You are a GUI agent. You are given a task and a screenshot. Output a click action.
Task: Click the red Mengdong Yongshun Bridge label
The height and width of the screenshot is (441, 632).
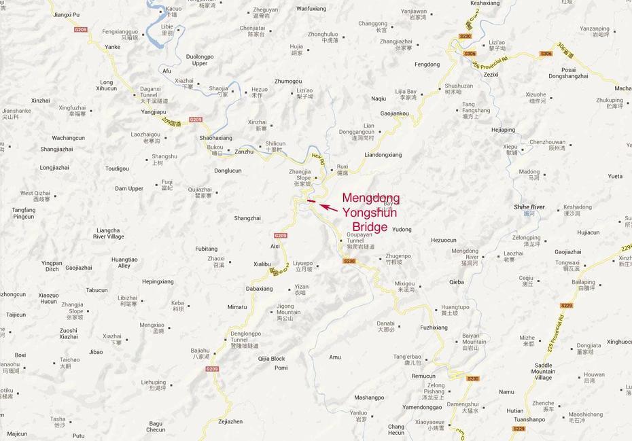pos(370,212)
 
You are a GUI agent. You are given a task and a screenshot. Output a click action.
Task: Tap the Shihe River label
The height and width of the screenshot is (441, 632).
pos(529,207)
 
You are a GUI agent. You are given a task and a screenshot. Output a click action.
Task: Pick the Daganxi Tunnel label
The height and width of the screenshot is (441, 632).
pos(150,92)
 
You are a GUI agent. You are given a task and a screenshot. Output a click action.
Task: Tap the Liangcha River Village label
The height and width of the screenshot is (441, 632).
pos(109,233)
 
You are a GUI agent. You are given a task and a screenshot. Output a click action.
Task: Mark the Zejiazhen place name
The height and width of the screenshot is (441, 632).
pos(230,421)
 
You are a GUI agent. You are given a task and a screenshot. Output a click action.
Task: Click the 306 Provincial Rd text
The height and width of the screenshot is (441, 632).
pos(489,64)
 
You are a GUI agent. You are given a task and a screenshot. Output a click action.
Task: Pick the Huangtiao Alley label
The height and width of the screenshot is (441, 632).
pos(124,262)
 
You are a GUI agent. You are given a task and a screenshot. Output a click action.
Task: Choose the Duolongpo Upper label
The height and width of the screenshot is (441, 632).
pos(200,60)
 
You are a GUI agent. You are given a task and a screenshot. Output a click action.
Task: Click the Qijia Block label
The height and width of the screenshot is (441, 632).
pos(271,359)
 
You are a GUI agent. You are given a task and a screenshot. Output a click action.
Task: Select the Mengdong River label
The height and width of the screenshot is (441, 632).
pos(466,254)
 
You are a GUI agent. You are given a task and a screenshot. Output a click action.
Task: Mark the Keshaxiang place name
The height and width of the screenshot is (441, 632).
pos(485,3)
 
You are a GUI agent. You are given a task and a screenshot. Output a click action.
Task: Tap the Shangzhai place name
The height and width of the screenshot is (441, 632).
pos(247,218)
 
